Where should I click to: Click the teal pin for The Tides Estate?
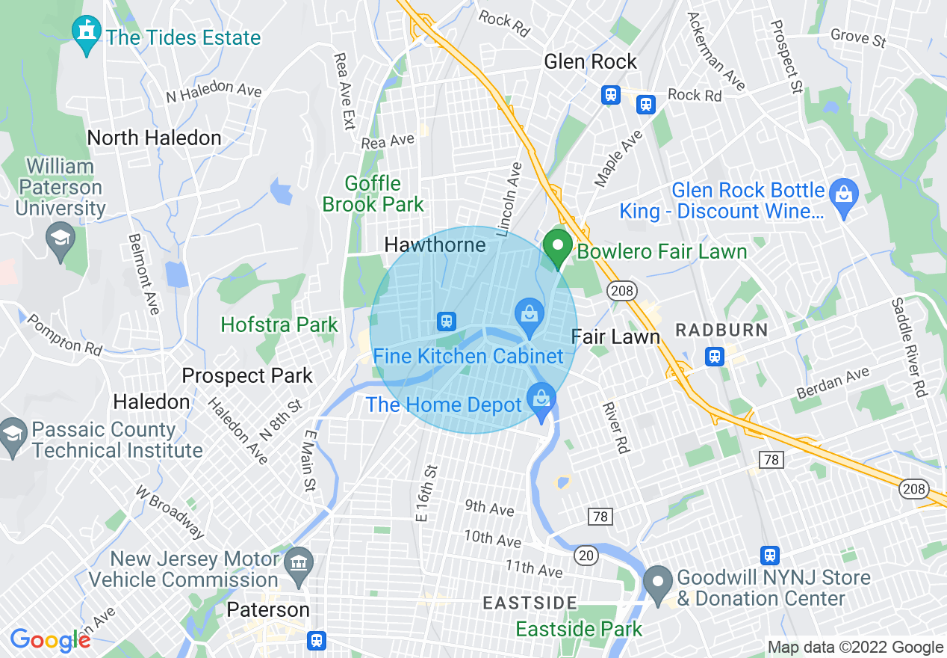87,34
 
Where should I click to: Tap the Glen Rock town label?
590,61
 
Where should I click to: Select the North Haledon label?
154,138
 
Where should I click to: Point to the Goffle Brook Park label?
384,194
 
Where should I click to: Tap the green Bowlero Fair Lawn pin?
557,248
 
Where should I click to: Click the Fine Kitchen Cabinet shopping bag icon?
530,316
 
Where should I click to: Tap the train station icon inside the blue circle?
446,322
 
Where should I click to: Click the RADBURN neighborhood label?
721,330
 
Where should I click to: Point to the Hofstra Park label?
279,325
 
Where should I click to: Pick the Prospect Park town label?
247,375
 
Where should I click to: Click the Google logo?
50,639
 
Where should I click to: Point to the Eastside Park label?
579,629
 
